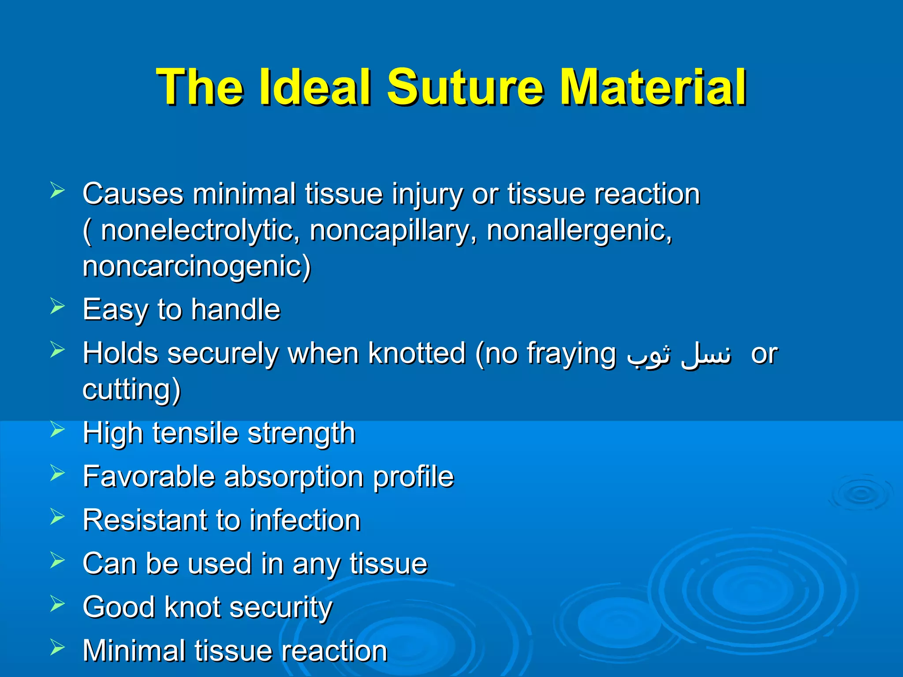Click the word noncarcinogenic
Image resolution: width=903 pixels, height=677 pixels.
click(197, 267)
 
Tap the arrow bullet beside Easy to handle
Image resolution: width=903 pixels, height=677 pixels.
click(58, 306)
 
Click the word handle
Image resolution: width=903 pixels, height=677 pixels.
click(235, 309)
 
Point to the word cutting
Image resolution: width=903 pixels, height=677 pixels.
click(131, 390)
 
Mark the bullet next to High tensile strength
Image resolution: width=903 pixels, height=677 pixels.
click(58, 429)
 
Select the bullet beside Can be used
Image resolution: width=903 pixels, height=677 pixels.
click(58, 560)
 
